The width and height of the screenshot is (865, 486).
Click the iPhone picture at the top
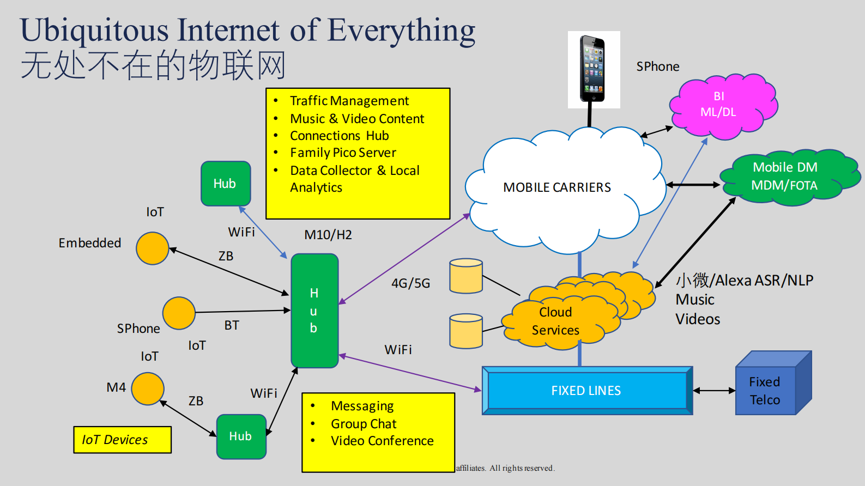pos(592,69)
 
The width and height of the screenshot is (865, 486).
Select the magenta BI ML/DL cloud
pos(721,105)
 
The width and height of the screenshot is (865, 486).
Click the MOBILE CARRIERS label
pos(556,187)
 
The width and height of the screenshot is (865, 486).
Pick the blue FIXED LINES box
pos(586,391)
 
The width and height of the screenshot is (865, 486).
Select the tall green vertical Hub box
pos(314,311)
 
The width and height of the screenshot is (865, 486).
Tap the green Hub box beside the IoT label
pos(225,184)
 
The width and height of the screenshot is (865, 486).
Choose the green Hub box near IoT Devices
pos(241,436)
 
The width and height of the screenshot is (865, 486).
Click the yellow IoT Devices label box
pos(122,440)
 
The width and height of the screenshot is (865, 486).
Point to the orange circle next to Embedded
pos(152,248)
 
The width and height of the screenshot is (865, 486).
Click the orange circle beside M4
pos(147,388)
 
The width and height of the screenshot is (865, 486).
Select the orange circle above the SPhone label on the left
pos(179,313)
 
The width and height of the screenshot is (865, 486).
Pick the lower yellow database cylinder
pos(466,331)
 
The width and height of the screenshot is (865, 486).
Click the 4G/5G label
pos(410,283)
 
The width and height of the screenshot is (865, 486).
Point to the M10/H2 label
pos(328,235)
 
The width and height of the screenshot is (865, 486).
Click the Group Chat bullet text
pos(364,424)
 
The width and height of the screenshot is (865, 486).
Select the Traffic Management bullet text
pos(349,101)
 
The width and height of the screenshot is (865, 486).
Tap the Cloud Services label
pos(555,321)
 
